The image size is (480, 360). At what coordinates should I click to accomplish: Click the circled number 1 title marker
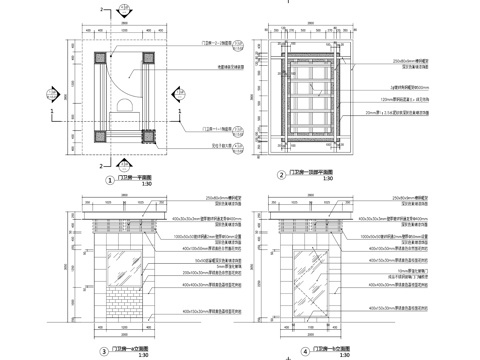click(x=109, y=181)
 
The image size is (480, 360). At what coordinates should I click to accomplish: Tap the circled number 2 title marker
click(x=282, y=174)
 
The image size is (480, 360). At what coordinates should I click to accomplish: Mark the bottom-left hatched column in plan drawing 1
click(x=96, y=136)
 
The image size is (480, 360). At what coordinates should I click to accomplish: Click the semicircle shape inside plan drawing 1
click(x=124, y=105)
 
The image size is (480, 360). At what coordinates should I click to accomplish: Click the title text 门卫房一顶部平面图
click(x=311, y=173)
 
